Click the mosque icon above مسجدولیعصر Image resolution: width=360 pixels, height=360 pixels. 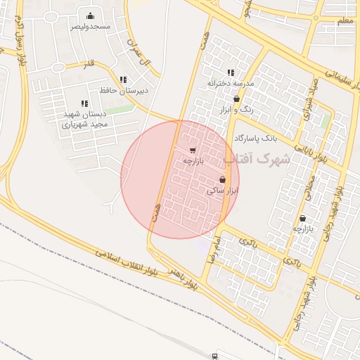[90, 15]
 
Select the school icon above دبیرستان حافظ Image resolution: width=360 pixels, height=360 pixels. [124, 80]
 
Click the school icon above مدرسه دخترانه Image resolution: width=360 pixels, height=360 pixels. [231, 72]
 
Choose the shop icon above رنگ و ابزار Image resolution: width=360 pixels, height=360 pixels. [236, 99]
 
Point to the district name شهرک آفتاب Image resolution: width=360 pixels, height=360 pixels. [264, 159]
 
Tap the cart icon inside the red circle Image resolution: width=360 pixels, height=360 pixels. [193, 150]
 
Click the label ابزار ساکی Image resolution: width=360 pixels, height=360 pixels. [223, 190]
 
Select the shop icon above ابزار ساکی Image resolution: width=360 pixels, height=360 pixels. [223, 180]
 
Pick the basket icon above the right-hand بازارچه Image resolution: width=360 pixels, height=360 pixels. [303, 218]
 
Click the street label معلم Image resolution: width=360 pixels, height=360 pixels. [344, 21]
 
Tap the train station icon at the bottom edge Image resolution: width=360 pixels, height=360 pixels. [215, 356]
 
